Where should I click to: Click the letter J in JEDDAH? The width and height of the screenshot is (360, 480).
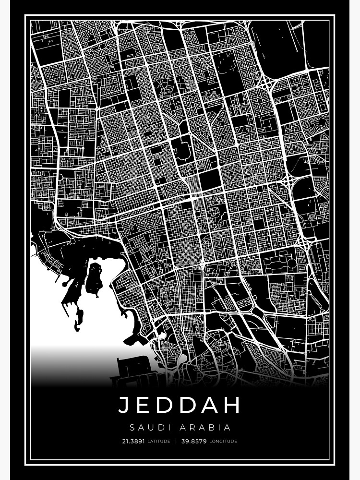click(x=124, y=405)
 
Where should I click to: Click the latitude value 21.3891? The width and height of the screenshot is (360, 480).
click(x=133, y=441)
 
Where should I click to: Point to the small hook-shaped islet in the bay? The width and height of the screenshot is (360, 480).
click(x=78, y=319)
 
